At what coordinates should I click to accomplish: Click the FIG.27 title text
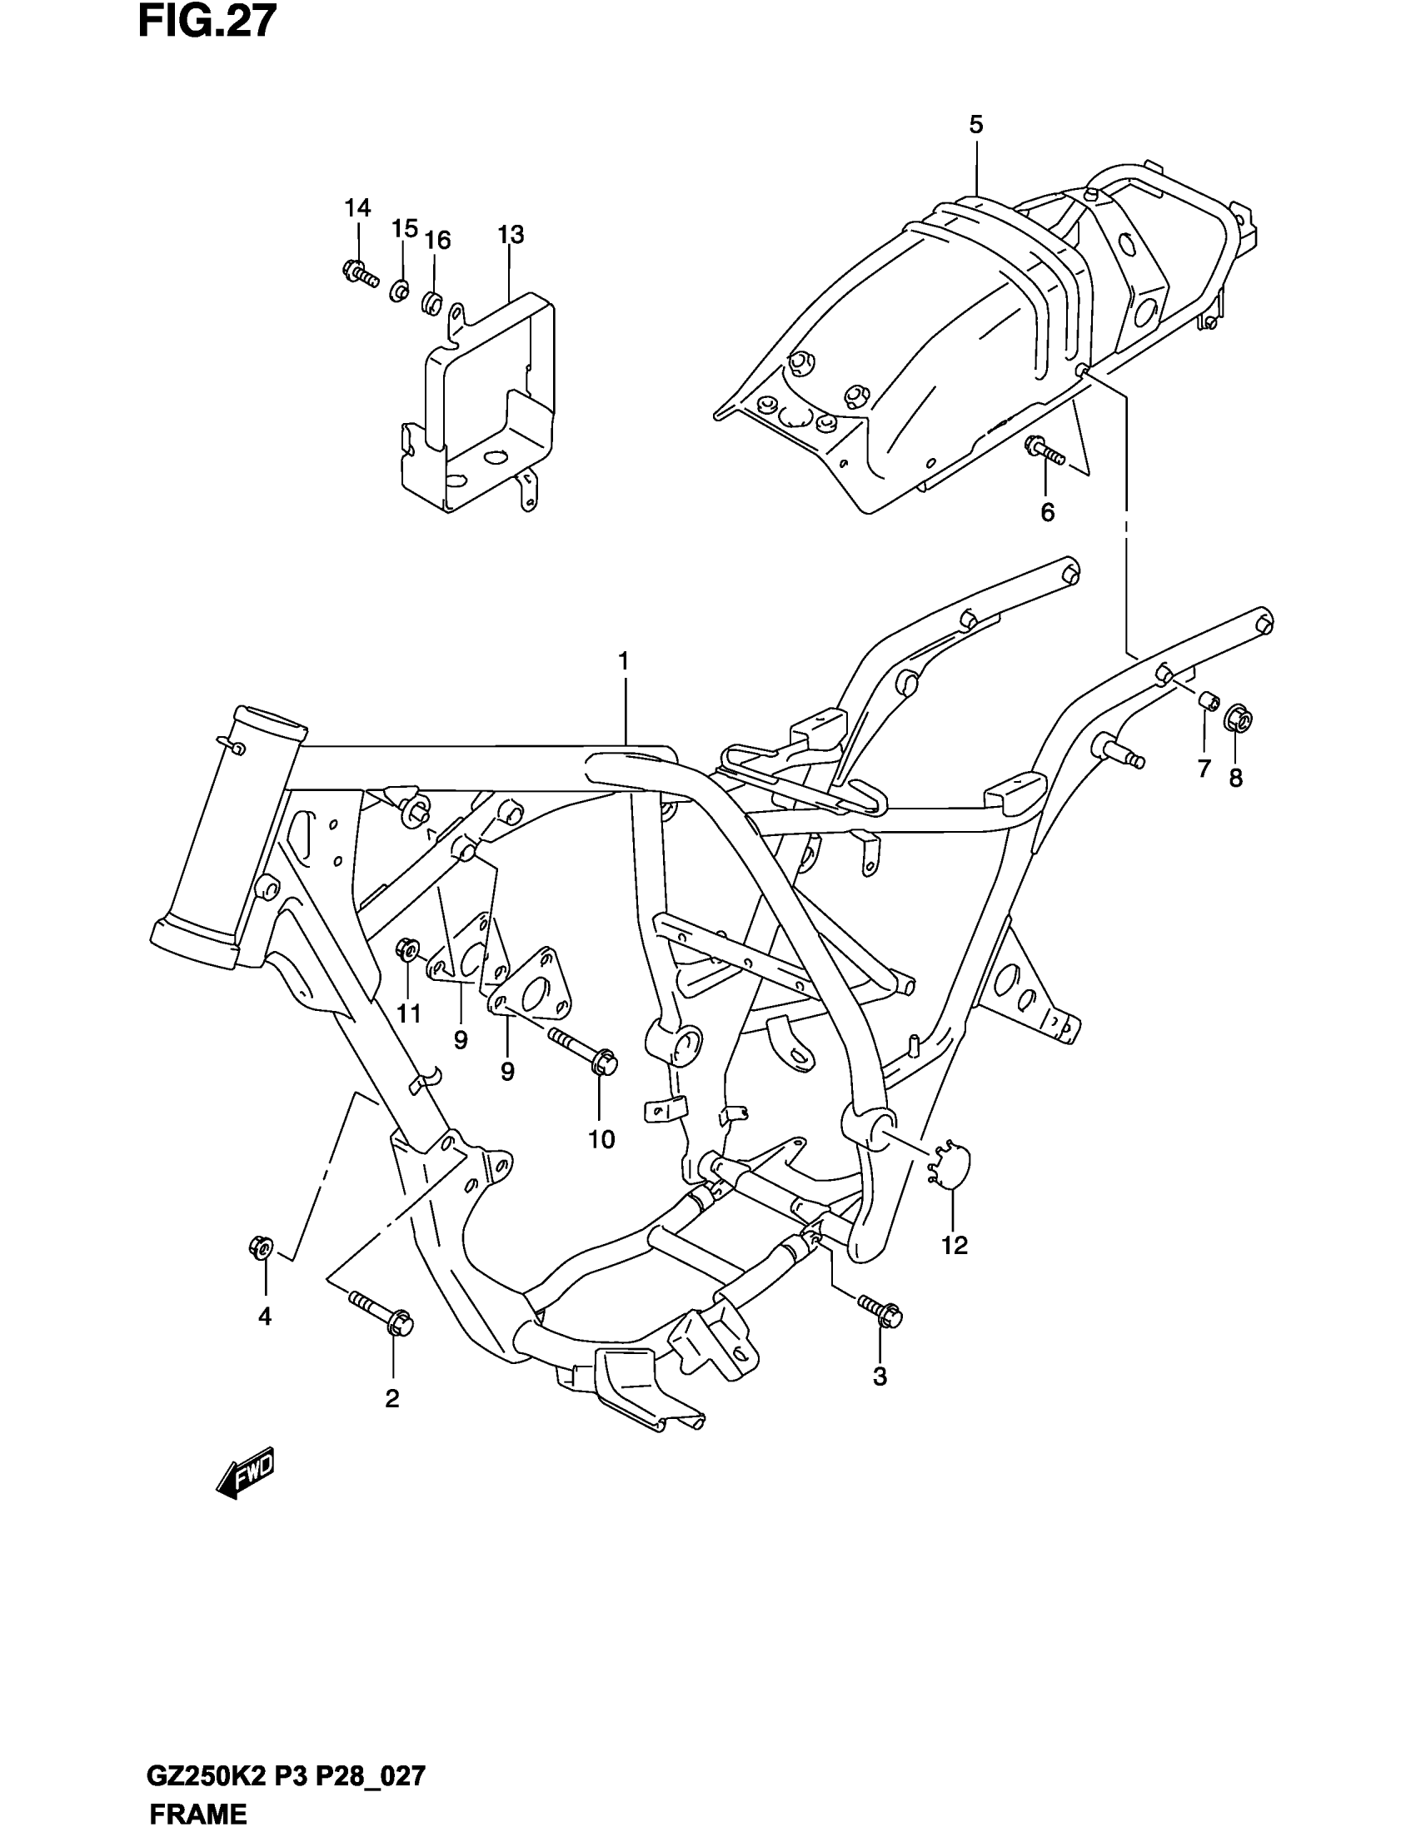point(207,22)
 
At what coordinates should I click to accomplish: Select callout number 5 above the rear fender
point(975,125)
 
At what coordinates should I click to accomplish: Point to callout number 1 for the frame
point(623,661)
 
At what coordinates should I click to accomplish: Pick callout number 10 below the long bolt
point(601,1139)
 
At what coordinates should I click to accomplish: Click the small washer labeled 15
point(399,292)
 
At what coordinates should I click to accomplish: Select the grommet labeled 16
point(431,301)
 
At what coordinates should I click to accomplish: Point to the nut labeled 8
point(1239,718)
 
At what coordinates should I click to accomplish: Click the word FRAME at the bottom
point(198,1815)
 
